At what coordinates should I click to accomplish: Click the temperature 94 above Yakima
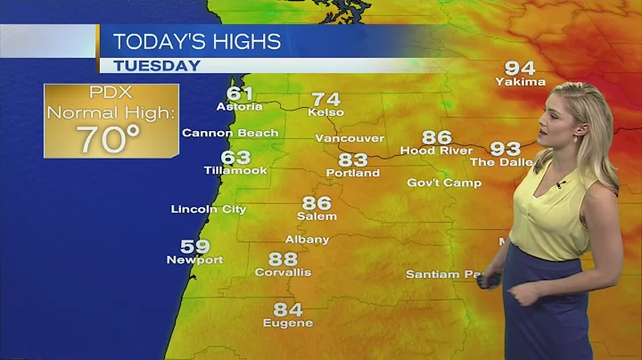coord(520,68)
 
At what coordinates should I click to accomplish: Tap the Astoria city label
coord(239,107)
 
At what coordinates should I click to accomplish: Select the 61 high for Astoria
coord(240,94)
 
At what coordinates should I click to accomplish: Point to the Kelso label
coord(325,112)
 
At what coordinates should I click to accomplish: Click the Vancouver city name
coord(350,138)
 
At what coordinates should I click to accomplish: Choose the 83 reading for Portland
coord(353,160)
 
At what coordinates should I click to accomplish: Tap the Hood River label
coord(437,151)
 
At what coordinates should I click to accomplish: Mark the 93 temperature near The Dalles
coord(506,149)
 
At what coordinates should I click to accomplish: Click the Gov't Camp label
coord(444,183)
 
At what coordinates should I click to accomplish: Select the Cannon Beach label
coord(230,133)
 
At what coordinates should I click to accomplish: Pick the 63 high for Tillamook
coord(235,158)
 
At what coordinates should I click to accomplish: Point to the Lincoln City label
coord(209,209)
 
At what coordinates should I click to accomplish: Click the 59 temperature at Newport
coord(195,247)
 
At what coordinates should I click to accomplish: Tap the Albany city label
coord(307,239)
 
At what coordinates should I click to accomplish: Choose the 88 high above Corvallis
coord(283,259)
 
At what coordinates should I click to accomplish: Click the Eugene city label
coord(287,323)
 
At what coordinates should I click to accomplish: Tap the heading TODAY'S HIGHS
coord(197,41)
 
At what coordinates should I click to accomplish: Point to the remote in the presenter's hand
coord(489,281)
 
